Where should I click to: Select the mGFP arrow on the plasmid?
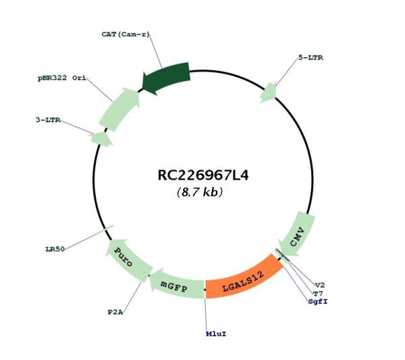coord(175,285)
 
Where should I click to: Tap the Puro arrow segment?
coord(127,259)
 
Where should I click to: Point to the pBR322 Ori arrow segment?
coord(119,109)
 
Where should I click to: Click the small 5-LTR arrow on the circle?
coord(269,93)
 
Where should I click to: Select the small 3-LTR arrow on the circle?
coord(101,139)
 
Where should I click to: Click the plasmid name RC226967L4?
coord(203,175)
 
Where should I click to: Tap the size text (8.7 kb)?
coord(200,192)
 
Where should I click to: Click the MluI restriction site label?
coord(216,334)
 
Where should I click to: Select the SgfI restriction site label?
coord(318,301)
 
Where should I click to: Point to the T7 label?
coord(318,294)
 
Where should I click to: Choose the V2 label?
coord(320,285)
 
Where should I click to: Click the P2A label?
coord(115,312)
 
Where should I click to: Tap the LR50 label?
coord(55,249)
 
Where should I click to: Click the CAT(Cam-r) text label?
coord(126,34)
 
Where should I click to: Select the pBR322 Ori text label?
coord(62,78)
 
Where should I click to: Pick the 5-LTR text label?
coord(310,57)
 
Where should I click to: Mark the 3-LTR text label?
coord(48,120)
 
